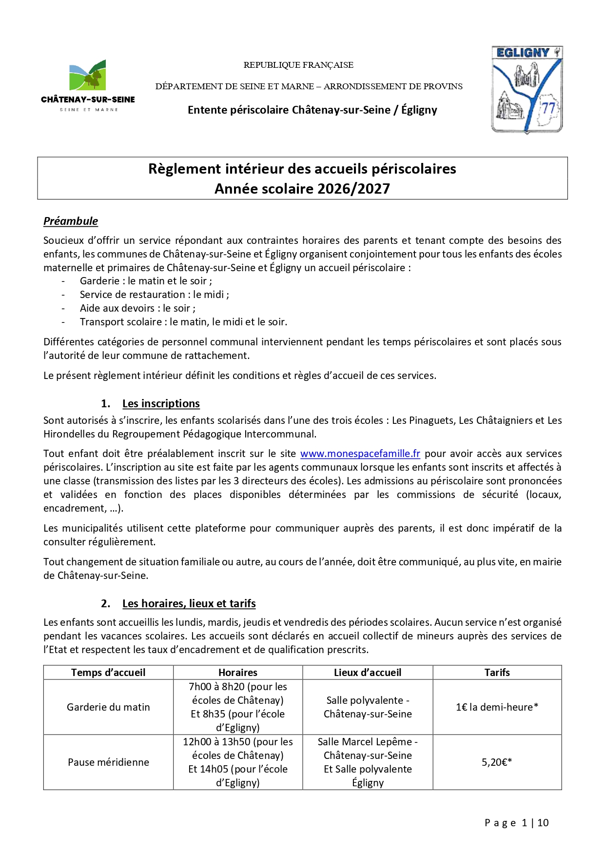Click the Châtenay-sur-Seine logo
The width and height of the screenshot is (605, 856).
[88, 86]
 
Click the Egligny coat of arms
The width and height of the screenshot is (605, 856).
[527, 90]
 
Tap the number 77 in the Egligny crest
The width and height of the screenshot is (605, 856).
[548, 108]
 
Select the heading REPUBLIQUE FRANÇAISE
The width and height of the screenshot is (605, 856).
[298, 65]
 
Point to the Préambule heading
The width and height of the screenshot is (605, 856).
[71, 221]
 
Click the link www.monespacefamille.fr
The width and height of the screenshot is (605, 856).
[360, 454]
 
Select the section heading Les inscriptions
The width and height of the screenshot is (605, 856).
[161, 403]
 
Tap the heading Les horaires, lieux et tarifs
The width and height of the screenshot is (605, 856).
[189, 603]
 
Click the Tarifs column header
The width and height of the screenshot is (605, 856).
[497, 673]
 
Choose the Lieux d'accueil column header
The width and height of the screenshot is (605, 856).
[368, 673]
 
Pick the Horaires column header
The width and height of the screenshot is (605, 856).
[238, 673]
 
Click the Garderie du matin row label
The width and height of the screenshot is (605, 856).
[108, 707]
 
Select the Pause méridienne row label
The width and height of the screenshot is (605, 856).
[108, 762]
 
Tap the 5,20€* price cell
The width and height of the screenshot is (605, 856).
[497, 762]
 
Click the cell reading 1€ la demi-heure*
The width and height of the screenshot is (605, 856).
[497, 707]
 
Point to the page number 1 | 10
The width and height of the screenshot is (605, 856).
[535, 823]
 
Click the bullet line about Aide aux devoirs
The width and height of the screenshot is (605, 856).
[137, 308]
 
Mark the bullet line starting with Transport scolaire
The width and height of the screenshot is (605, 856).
[183, 322]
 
